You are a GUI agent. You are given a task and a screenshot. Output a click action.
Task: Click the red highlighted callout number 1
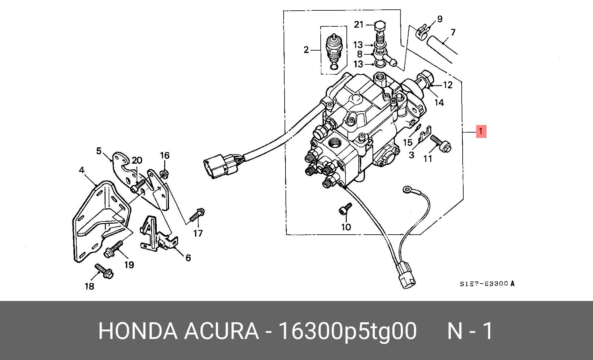point(481,131)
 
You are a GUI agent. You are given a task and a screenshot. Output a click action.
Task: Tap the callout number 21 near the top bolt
point(359,25)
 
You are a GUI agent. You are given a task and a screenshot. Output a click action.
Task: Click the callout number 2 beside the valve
point(306,50)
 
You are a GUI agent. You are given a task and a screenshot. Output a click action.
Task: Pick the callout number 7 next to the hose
point(453,32)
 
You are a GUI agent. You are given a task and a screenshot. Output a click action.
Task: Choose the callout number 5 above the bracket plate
point(99,151)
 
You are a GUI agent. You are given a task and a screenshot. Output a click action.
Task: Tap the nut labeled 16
point(164,173)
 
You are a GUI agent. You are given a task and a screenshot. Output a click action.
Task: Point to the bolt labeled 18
point(104,271)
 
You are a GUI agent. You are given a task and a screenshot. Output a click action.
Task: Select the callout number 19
point(129,265)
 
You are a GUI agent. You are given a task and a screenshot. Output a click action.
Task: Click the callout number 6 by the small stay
point(188,258)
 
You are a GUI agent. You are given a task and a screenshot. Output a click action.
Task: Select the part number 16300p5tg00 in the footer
point(348,331)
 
